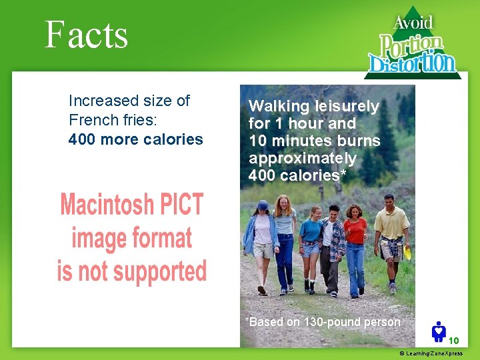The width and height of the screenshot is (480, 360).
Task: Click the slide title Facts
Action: pyautogui.click(x=86, y=35)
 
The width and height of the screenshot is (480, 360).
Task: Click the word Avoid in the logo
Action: pyautogui.click(x=413, y=23)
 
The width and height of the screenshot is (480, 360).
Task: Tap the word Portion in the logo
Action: pyautogui.click(x=411, y=46)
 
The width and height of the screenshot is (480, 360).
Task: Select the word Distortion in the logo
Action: pyautogui.click(x=413, y=63)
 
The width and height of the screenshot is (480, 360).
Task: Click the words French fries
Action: pyautogui.click(x=105, y=121)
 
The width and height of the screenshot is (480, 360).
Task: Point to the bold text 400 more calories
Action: pyautogui.click(x=135, y=139)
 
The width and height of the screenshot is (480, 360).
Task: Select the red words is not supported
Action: pyautogui.click(x=131, y=271)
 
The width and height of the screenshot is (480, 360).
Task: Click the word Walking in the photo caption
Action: pyautogui.click(x=279, y=106)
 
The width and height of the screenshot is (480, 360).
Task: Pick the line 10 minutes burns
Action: pyautogui.click(x=314, y=141)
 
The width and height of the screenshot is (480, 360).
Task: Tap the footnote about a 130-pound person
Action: pyautogui.click(x=323, y=322)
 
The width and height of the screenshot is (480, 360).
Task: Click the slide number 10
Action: pyautogui.click(x=453, y=340)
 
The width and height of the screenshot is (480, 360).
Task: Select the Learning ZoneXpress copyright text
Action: pyautogui.click(x=431, y=353)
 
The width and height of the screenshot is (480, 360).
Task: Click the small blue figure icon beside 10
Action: pyautogui.click(x=439, y=331)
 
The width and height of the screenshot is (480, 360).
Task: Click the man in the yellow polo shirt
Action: pyautogui.click(x=391, y=233)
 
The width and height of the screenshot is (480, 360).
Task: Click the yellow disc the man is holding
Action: pyautogui.click(x=407, y=251)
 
